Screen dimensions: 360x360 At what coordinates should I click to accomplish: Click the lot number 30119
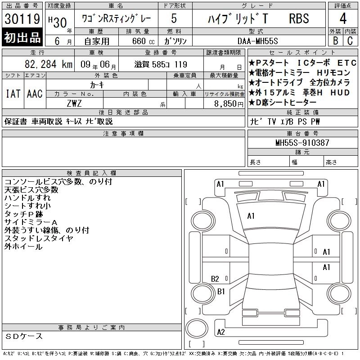tap(22, 19)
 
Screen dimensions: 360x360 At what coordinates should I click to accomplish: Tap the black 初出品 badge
tap(22, 37)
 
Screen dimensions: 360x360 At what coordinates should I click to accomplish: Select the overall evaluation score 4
tap(343, 18)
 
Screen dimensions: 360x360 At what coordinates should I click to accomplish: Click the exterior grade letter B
tap(335, 40)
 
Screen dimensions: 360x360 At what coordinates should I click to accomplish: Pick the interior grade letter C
tap(350, 40)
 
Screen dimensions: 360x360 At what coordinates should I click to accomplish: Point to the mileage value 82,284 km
tap(49, 64)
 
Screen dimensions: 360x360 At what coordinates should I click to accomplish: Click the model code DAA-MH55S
tap(257, 41)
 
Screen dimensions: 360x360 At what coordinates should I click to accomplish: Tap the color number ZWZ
tap(74, 103)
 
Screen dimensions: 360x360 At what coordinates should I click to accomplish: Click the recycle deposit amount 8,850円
tap(229, 103)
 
